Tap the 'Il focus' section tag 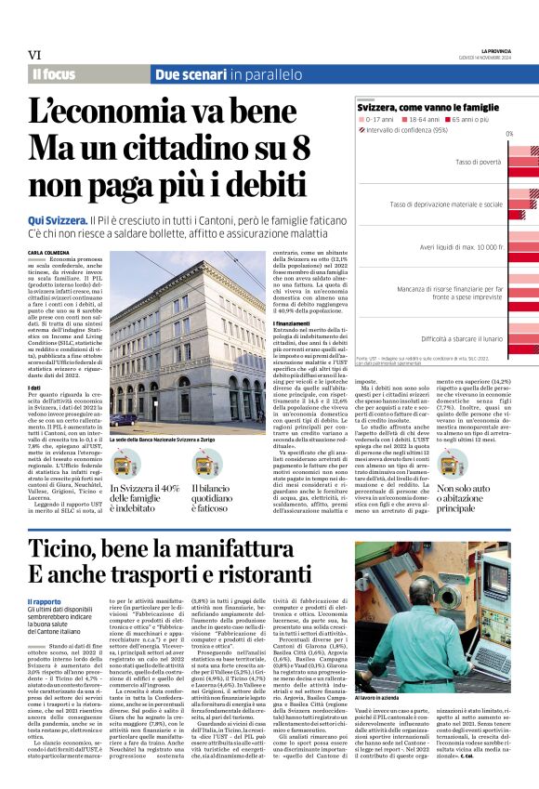pyautogui.click(x=53, y=73)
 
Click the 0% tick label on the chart pyautogui.click(x=508, y=135)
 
